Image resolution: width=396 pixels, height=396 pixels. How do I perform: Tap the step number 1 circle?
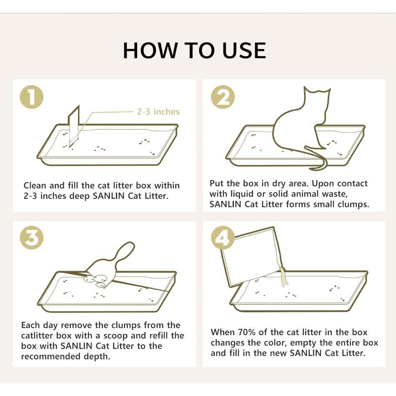32,97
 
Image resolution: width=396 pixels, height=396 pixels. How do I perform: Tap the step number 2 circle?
223,97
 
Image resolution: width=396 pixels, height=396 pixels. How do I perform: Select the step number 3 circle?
32,238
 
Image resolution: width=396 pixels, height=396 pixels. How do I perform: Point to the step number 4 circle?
223,238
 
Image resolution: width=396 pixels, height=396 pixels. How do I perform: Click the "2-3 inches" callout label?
158,112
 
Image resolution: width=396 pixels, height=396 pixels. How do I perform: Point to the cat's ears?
317,91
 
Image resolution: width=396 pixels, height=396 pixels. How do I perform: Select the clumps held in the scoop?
96,280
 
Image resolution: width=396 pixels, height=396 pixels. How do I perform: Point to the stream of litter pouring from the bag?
283,277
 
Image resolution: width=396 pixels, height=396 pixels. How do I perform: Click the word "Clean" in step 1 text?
35,185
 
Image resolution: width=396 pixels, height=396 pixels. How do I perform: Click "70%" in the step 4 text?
246,332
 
